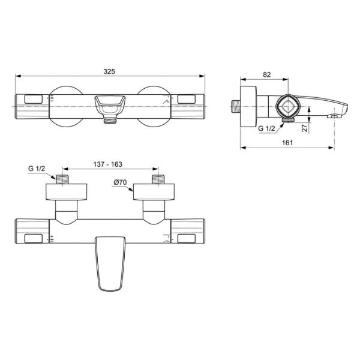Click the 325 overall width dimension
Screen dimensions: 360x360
[x=109, y=71]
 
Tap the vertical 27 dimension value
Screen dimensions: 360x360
[x=305, y=127]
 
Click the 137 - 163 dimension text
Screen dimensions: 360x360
[x=108, y=164]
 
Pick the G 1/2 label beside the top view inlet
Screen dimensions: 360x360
[x=37, y=169]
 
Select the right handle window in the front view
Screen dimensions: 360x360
[x=187, y=97]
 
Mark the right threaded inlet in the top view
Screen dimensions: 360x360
[x=158, y=179]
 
